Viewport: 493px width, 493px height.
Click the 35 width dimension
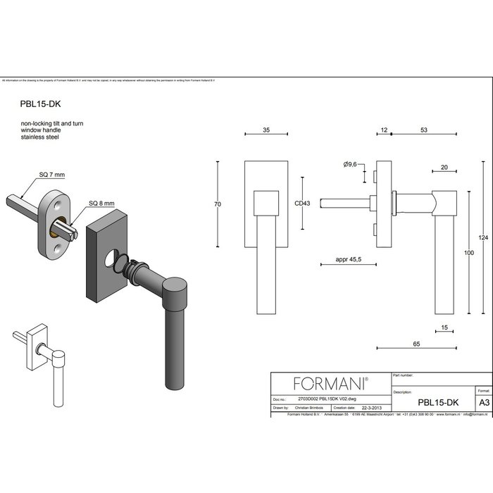(x=266, y=131)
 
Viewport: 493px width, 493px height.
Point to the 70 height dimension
(x=218, y=204)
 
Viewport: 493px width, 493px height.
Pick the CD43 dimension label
(x=303, y=204)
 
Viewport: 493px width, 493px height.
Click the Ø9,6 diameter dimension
(x=350, y=164)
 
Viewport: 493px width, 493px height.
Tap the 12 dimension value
(x=384, y=131)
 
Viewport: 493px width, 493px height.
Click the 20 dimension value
(x=444, y=168)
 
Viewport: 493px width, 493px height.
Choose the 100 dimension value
(x=468, y=252)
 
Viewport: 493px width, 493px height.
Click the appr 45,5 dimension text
(x=349, y=261)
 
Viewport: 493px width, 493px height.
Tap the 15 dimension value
(x=444, y=328)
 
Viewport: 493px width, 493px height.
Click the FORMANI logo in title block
(x=330, y=383)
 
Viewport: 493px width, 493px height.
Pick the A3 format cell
(x=482, y=402)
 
